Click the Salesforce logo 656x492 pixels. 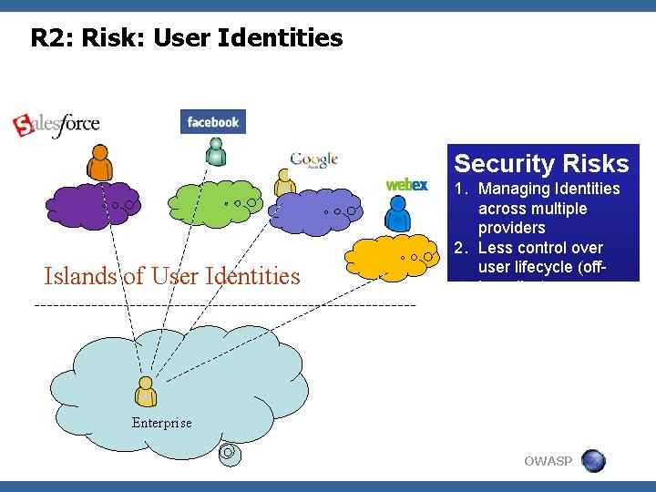coord(56,124)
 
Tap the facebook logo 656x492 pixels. coord(213,122)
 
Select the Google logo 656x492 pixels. coord(314,160)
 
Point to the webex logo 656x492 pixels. coord(406,185)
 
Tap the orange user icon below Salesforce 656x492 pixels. coord(99,164)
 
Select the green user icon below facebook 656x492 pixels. coord(215,151)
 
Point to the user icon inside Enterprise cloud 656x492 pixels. coord(145,391)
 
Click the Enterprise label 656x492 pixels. coord(161,423)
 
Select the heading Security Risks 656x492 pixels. coord(541,164)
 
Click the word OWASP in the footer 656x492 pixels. coord(548,461)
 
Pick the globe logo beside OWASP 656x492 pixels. coord(593,461)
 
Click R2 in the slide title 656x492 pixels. coord(47,38)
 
